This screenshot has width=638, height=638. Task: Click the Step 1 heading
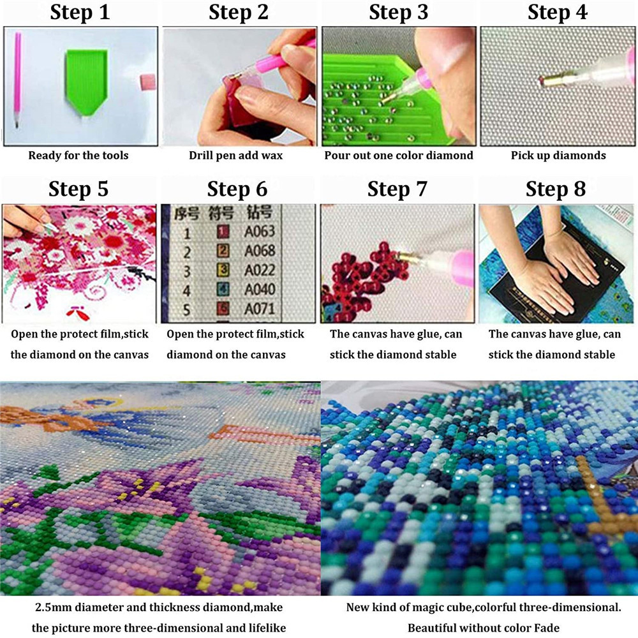80,12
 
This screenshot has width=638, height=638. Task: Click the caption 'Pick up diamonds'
558,156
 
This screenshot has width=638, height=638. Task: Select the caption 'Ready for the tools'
78,156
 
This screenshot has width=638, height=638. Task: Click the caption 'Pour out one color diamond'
399,156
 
